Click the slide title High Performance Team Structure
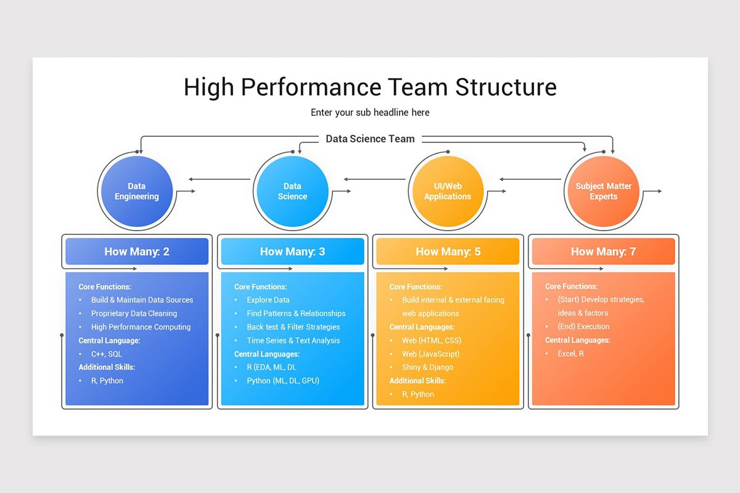370,87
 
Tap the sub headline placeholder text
370,112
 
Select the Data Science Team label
370,139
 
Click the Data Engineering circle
137,191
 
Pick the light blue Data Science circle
292,191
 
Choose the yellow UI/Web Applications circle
448,191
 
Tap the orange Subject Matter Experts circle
603,191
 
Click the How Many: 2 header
137,251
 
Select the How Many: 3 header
292,251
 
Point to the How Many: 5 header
448,251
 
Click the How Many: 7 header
603,251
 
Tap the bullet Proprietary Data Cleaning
134,314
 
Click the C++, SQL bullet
107,354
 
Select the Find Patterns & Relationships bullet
296,314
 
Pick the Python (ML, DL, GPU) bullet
283,381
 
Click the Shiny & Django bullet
427,367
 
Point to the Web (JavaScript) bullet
430,354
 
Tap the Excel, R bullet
570,354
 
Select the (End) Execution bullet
583,327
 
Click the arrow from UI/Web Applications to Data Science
376,179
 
